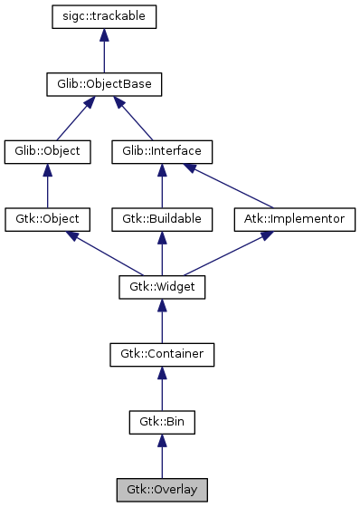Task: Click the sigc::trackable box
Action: (105, 16)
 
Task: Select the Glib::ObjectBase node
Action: (105, 84)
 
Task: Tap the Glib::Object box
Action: (48, 151)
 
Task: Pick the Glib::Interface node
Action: (162, 151)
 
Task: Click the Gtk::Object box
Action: (48, 219)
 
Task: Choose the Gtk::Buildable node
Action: (162, 219)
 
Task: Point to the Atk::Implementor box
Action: (295, 219)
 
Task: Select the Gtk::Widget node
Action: (162, 287)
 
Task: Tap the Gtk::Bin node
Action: (162, 422)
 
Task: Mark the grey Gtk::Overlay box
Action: (162, 490)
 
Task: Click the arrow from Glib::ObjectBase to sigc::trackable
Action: (105, 51)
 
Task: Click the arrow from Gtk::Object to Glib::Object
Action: (48, 186)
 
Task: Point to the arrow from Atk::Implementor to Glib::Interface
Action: (232, 187)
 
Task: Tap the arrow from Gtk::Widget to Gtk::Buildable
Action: (162, 253)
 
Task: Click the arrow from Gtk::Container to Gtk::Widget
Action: (162, 321)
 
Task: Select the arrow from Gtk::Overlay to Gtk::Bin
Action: (162, 456)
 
